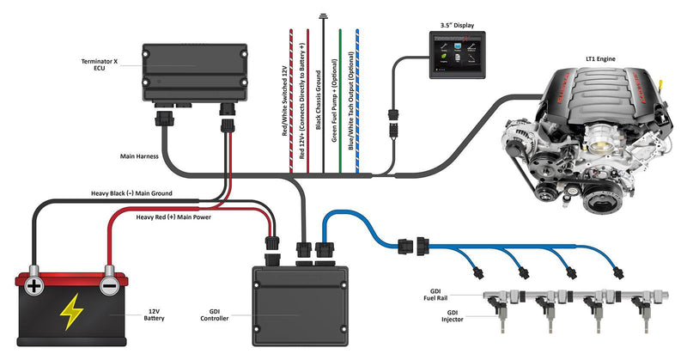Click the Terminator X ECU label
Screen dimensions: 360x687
click(100, 66)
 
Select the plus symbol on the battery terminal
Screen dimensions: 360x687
click(33, 284)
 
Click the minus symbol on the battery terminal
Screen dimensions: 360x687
click(109, 284)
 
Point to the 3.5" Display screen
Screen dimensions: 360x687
click(458, 55)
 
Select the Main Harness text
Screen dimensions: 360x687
click(137, 157)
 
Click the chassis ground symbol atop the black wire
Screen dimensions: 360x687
click(324, 15)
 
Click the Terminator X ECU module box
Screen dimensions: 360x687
click(193, 73)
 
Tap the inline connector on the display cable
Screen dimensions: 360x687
click(392, 120)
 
